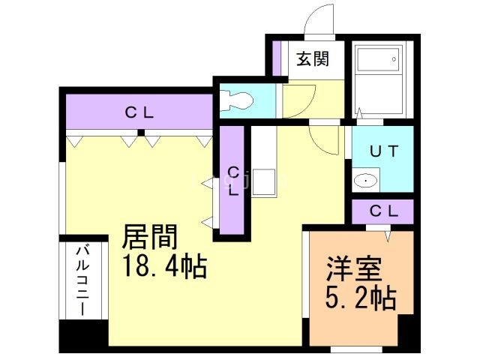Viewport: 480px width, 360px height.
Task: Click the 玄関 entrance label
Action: [311, 59]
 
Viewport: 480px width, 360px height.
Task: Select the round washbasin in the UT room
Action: [365, 180]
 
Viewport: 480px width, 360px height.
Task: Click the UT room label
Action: [382, 150]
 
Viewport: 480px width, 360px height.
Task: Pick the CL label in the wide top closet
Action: [139, 113]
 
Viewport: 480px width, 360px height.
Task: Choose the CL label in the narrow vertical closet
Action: [233, 180]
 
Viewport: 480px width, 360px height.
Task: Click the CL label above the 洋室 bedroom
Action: [383, 211]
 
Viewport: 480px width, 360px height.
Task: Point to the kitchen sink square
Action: [263, 182]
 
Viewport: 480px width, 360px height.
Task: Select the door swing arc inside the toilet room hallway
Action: [296, 97]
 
